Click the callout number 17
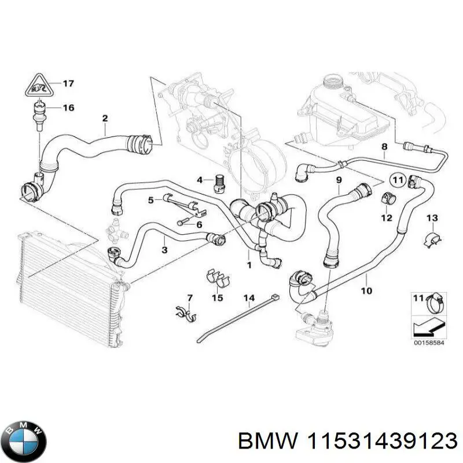pos(68,84)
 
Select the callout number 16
pos(68,108)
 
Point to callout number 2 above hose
pos(105,119)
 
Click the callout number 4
pos(200,180)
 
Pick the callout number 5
pos(150,200)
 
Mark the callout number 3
pos(165,251)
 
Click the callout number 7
pos(189,297)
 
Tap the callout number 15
pos(217,298)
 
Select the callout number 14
pos(249,299)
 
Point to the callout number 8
pos(384,147)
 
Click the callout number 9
pos(339,180)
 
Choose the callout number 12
pos(387,218)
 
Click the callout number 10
pos(366,291)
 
